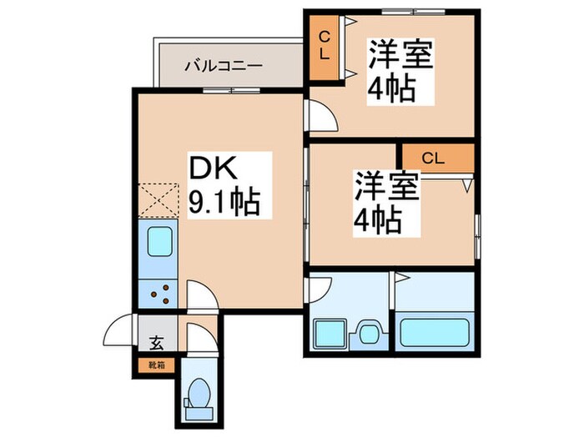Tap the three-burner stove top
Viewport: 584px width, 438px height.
[x=160, y=293]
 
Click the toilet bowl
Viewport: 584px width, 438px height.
[x=199, y=393]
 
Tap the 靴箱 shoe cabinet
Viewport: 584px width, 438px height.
[x=155, y=364]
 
